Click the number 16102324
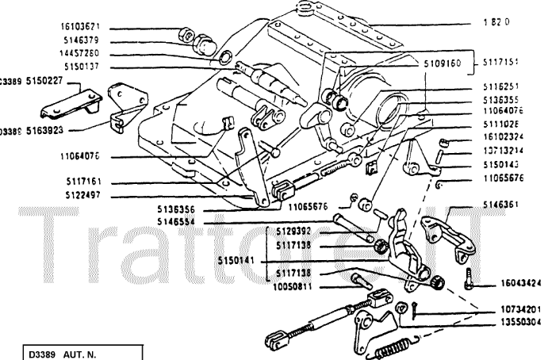504,136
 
